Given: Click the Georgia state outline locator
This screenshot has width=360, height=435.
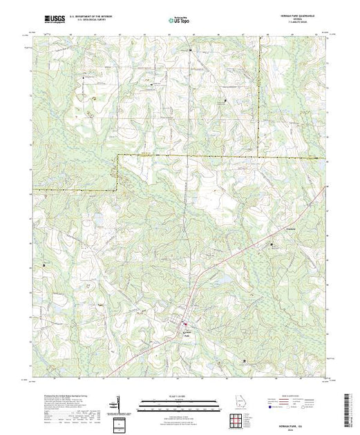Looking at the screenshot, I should [238, 403].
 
